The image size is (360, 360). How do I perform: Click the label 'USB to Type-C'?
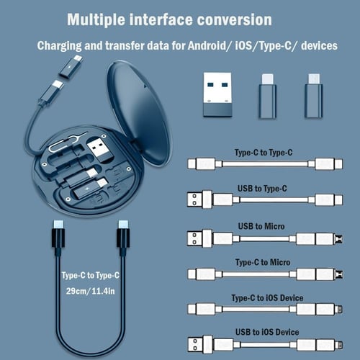click(x=262, y=189)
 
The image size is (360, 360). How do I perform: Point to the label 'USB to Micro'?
click(x=261, y=226)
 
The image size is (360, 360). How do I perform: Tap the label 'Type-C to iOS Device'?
click(x=267, y=297)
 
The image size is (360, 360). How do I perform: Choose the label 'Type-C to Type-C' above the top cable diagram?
click(x=262, y=153)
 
